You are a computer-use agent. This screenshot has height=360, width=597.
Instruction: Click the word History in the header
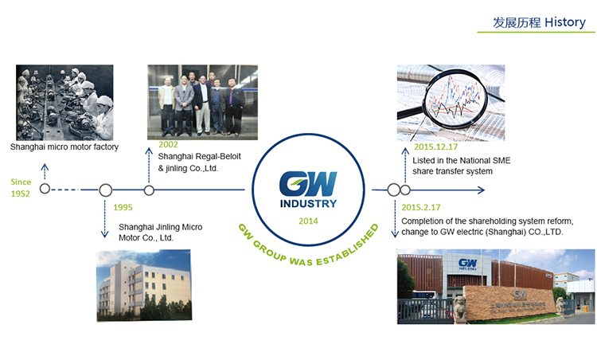click(x=565, y=22)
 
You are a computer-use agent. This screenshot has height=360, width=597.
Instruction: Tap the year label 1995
click(x=123, y=208)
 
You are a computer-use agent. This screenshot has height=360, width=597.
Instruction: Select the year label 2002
click(x=168, y=144)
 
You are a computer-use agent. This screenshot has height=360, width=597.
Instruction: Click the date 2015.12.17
click(x=435, y=147)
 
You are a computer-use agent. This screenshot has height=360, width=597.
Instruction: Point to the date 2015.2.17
click(x=421, y=207)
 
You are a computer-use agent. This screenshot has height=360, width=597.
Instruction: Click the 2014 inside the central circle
click(x=308, y=221)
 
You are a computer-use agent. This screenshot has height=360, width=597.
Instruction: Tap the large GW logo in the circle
click(x=308, y=184)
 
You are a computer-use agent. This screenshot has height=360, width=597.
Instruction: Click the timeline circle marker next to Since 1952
click(x=45, y=189)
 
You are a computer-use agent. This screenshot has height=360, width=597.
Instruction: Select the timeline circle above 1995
click(x=105, y=190)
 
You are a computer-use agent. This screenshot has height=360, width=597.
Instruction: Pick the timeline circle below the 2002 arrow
click(x=149, y=190)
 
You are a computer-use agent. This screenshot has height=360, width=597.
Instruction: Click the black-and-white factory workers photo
click(x=64, y=103)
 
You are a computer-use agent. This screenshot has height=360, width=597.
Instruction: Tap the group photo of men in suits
click(x=202, y=102)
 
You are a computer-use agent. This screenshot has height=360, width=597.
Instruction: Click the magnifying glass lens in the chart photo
click(x=455, y=98)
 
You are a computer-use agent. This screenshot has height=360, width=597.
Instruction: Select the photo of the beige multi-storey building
click(x=144, y=285)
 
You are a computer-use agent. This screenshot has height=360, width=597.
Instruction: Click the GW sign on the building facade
click(x=468, y=264)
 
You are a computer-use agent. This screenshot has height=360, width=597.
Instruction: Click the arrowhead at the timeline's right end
click(x=482, y=190)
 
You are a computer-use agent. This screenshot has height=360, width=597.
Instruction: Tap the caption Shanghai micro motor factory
click(x=64, y=147)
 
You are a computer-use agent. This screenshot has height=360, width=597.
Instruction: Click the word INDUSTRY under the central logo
click(x=308, y=204)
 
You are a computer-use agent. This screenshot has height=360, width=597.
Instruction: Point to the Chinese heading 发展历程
click(x=517, y=22)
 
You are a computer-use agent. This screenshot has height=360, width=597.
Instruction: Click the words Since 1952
click(x=21, y=188)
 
